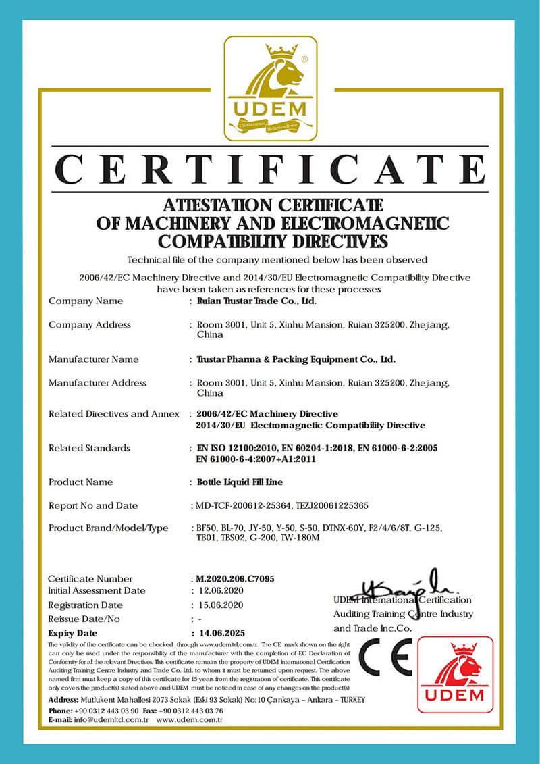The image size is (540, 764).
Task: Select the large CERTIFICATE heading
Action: point(270,170)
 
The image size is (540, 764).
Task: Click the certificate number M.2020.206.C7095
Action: point(234,579)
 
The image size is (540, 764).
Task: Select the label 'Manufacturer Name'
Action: point(94,359)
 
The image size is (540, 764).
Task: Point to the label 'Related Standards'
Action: point(90,448)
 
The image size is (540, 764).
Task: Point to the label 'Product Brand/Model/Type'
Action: point(109,528)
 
